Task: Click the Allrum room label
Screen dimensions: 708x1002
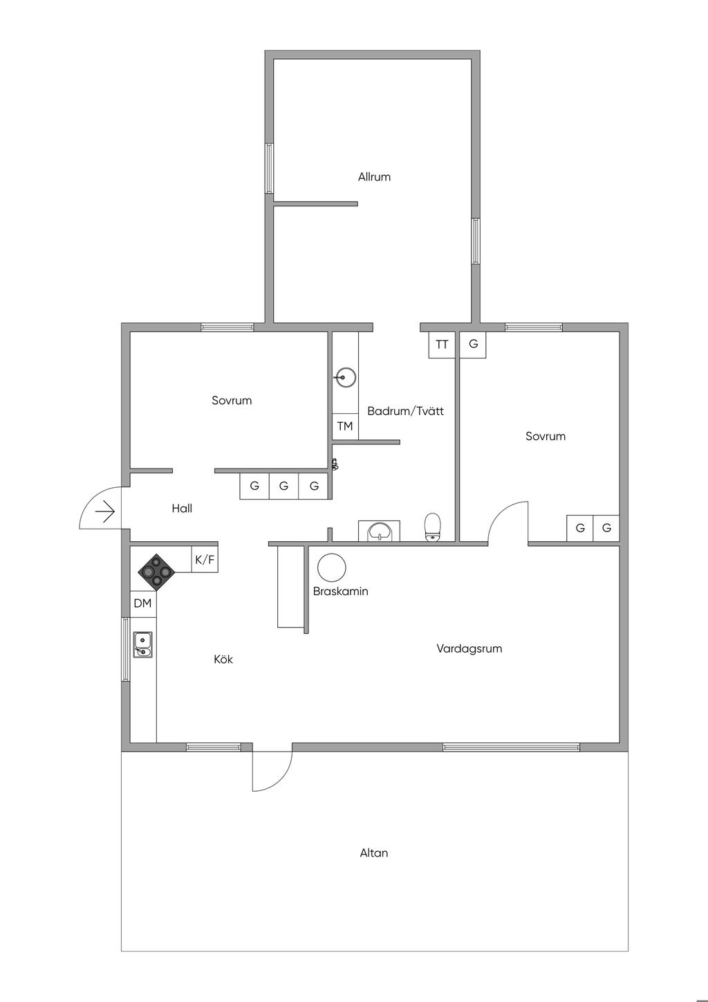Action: (x=374, y=177)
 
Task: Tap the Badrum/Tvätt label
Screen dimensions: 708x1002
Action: (x=405, y=411)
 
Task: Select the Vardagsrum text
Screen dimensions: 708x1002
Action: (x=469, y=649)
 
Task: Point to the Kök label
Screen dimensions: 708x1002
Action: (x=223, y=659)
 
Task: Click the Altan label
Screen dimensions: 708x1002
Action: (x=373, y=853)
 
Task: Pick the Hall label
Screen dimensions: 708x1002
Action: (x=182, y=509)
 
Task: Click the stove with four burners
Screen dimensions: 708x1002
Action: (x=156, y=572)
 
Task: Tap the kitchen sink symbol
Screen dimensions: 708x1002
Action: (x=143, y=644)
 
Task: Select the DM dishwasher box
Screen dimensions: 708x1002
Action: (x=142, y=603)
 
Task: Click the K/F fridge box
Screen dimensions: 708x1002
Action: (x=205, y=560)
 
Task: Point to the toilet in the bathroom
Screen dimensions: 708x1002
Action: (x=433, y=527)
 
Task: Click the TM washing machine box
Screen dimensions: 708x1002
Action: (x=345, y=426)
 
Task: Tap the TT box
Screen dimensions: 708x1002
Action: (x=442, y=345)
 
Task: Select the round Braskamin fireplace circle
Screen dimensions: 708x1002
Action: (x=331, y=567)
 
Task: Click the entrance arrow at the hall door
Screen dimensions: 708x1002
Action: (x=104, y=512)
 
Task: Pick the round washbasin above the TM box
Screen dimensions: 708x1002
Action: (x=345, y=378)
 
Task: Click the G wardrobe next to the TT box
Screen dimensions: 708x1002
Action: (x=473, y=345)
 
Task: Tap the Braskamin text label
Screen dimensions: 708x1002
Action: (x=340, y=592)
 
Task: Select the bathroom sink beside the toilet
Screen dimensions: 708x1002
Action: (x=379, y=531)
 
